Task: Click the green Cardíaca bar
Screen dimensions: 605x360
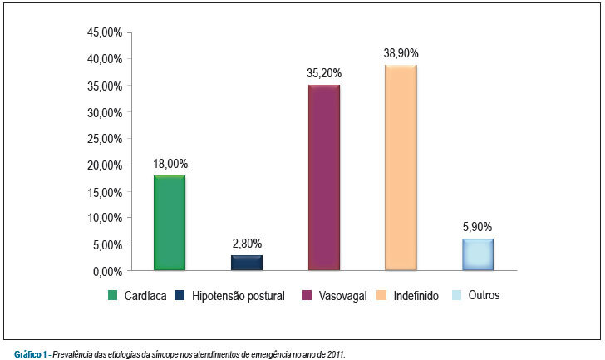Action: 170,223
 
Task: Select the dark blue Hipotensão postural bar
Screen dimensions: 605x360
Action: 247,263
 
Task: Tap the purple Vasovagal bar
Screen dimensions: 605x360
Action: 324,177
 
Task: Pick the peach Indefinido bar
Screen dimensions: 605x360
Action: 401,167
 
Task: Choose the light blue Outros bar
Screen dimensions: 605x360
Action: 478,254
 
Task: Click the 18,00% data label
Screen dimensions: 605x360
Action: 170,164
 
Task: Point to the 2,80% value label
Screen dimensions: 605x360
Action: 247,244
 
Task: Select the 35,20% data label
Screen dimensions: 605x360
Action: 324,73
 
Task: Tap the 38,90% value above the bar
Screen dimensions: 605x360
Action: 401,53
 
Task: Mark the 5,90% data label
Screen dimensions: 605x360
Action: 477,227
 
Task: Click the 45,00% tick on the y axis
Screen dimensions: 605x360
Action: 105,32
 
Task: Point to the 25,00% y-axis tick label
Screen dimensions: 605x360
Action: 105,139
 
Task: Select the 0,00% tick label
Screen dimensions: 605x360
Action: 107,272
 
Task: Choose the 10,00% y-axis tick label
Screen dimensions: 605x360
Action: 105,218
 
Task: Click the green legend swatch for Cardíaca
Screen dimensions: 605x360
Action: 112,295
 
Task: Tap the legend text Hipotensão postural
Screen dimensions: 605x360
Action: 238,296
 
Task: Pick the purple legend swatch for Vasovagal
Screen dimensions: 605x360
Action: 307,295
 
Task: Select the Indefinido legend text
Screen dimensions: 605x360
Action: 416,296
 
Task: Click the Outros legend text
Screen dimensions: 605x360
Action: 484,295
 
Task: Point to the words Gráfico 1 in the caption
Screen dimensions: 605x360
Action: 31,354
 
